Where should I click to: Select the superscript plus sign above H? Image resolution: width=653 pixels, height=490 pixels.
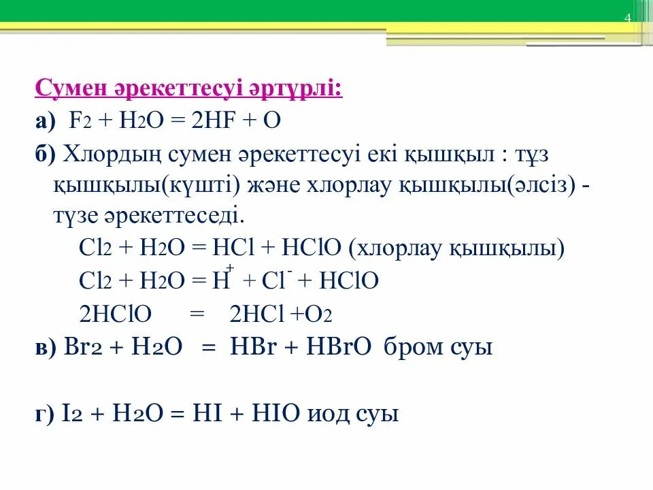(231, 268)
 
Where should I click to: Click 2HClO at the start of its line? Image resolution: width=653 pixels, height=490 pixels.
(116, 314)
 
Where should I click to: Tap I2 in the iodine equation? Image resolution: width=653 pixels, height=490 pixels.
(69, 413)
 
